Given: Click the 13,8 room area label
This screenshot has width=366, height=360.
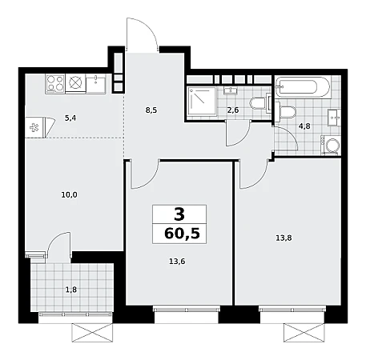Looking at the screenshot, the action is point(284,238).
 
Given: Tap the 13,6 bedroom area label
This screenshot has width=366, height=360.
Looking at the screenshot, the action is point(177,262).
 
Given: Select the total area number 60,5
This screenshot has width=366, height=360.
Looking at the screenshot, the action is point(182,234).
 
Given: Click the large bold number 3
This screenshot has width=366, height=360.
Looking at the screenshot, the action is point(179,214).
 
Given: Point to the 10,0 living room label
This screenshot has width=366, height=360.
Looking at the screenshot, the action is point(69,195).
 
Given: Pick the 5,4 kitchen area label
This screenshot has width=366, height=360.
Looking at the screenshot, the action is point(70,118).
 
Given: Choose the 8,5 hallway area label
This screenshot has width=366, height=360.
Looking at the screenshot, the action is point(151,110).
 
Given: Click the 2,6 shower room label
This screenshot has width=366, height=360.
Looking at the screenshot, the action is point(233,110).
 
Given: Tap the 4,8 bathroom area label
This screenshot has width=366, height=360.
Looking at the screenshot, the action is point(304,126).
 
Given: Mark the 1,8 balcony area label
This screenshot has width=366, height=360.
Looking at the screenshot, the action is point(71,290).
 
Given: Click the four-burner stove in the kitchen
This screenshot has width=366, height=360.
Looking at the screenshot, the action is point(55,83).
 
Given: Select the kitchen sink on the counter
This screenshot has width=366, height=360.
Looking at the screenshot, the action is point(96,83).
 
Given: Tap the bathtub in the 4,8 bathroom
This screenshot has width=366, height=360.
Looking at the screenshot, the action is point(303,87).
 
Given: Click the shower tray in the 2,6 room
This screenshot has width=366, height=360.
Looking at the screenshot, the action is point(202,101).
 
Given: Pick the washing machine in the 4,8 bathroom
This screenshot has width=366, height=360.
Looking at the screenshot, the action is point(331,145).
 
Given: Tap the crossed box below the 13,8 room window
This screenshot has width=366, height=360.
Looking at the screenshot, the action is point(304,332).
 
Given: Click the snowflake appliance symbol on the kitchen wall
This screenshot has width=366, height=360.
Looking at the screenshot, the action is point(34,127).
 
